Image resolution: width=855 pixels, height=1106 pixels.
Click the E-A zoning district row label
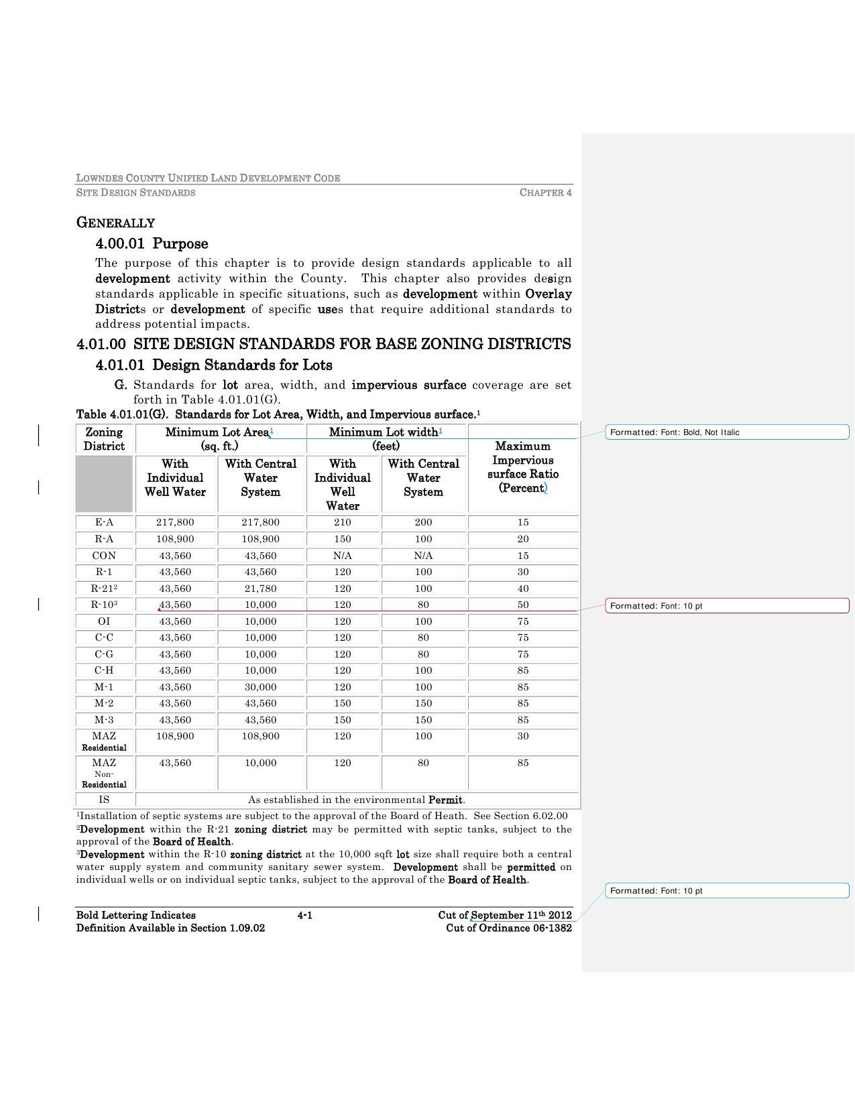point(104,522)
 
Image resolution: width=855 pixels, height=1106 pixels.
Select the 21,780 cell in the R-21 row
point(260,589)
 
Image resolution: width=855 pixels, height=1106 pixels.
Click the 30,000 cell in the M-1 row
point(260,687)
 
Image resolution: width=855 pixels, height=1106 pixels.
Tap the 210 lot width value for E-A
point(343,522)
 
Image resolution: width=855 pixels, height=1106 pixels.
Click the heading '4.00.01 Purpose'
point(152,243)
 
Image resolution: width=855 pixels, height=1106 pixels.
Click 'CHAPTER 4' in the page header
point(545,192)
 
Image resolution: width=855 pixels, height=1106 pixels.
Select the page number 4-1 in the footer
point(304,915)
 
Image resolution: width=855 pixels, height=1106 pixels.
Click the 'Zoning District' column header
point(104,439)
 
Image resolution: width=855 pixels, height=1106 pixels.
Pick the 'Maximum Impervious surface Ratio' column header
point(523,467)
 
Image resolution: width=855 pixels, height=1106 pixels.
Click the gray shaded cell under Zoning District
point(104,484)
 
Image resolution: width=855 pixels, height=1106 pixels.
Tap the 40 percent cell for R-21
point(523,589)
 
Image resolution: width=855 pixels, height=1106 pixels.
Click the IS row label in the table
point(104,800)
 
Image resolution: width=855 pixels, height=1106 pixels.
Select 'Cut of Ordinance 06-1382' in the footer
point(508,928)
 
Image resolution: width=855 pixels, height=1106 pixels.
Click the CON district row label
point(104,556)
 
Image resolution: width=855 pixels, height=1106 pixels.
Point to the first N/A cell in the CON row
point(343,556)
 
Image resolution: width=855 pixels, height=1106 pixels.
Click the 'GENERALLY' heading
point(115,223)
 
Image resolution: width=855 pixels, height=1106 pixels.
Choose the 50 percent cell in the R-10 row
point(523,605)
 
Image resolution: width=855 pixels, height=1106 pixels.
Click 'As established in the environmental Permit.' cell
point(357,800)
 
